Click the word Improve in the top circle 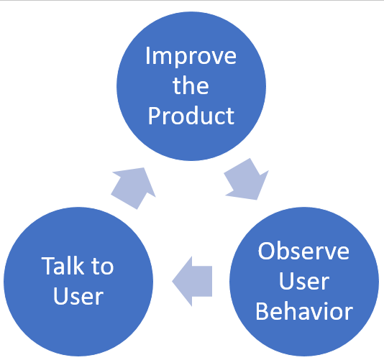191,57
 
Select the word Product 191,116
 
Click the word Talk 63,266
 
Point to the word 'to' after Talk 103,267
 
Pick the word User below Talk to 78,296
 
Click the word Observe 303,251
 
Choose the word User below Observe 304,281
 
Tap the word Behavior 304,311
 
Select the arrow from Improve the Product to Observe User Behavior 247,180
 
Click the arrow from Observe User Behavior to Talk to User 192,281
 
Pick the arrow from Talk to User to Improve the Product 134,188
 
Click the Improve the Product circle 191,86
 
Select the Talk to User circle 78,282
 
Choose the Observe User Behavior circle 304,282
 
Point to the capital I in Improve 147,55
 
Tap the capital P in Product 155,116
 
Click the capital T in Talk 49,266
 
